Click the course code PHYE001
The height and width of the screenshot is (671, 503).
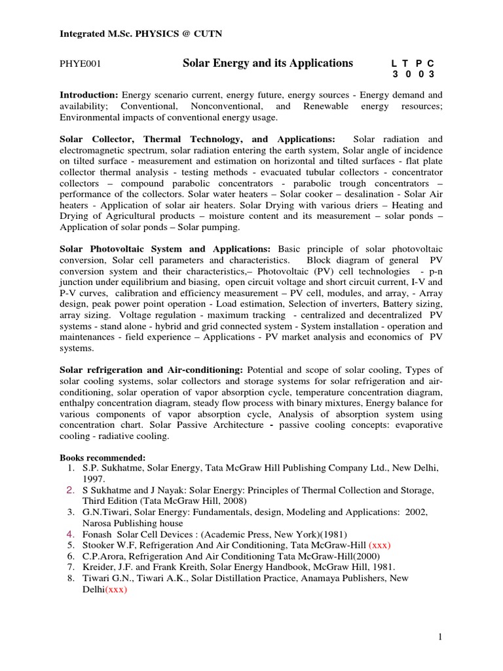[x=79, y=64]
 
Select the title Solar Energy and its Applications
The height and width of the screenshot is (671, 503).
[x=267, y=63]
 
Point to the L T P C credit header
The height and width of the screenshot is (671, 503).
[x=412, y=64]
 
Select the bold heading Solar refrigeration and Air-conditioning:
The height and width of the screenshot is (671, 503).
[x=151, y=370]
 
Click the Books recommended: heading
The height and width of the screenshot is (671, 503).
[x=102, y=457]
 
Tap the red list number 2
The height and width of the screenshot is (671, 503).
[x=71, y=491]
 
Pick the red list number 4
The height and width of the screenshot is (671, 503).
[x=71, y=534]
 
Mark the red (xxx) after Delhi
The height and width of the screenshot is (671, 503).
[x=115, y=590]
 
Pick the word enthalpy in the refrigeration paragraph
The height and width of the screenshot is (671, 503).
[x=77, y=404]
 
